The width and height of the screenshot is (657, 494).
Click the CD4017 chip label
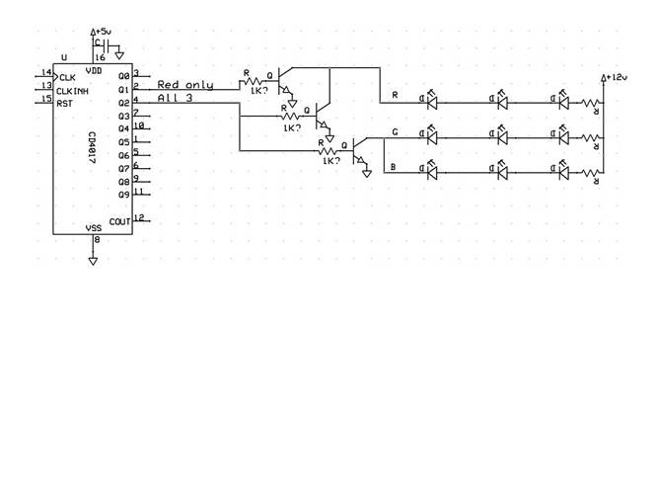point(91,147)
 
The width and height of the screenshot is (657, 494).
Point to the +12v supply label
point(616,77)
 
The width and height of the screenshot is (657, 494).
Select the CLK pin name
point(67,77)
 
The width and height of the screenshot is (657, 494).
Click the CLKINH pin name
point(74,90)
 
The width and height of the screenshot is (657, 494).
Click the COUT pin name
point(119,222)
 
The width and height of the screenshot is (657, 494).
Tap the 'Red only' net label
point(185,85)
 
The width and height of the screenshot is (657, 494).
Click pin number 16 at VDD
point(100,58)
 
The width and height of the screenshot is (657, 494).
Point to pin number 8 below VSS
point(97,240)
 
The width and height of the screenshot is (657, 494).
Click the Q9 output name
point(123,195)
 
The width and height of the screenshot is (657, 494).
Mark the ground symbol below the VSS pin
point(93,260)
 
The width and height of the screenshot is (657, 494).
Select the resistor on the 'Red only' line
point(253,81)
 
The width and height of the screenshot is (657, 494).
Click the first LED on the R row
point(431,101)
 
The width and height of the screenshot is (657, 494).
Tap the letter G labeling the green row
point(395,131)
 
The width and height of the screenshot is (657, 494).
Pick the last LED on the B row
point(563,172)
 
